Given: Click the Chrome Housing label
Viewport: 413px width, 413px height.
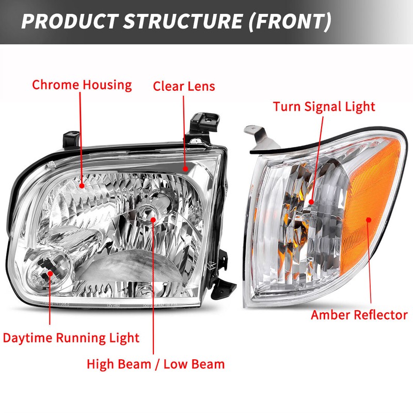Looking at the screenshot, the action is (x=82, y=85).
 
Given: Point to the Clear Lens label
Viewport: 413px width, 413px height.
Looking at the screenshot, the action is (x=184, y=86).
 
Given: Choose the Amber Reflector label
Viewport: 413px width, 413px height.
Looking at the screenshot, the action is (x=359, y=314).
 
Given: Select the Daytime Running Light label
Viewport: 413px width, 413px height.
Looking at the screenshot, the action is (x=71, y=338).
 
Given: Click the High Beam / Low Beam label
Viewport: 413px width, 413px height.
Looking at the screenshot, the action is (x=155, y=364).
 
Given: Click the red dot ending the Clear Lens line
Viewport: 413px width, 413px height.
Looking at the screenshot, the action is (x=184, y=168).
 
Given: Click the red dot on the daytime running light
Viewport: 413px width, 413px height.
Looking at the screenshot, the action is (x=50, y=274).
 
